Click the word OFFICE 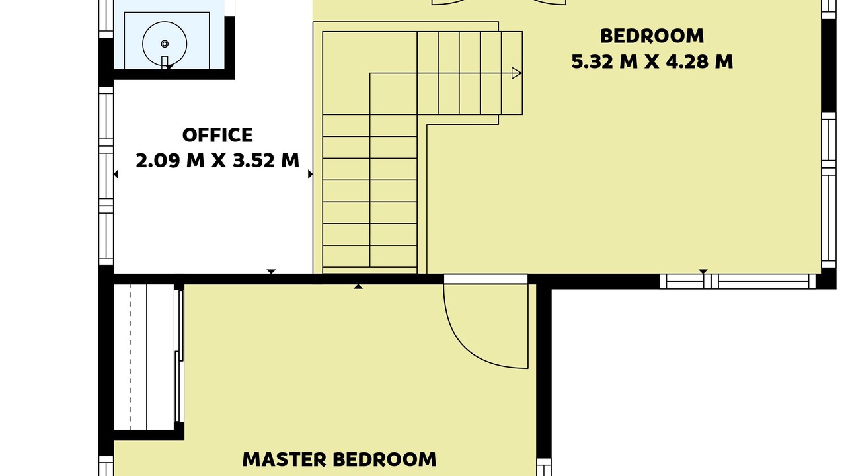(217, 136)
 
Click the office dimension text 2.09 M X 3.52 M (217, 161)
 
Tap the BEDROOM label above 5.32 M (652, 36)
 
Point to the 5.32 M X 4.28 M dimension (652, 61)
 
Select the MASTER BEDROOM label (339, 459)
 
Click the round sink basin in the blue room (165, 44)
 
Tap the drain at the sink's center (165, 44)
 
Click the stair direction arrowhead (517, 73)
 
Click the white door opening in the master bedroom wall (485, 279)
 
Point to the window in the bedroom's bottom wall (738, 282)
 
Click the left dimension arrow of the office (116, 174)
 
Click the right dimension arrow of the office (311, 174)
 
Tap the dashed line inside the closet (130, 357)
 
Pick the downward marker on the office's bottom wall (271, 272)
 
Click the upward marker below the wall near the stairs (358, 287)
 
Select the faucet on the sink (165, 62)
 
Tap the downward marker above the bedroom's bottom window (703, 272)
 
